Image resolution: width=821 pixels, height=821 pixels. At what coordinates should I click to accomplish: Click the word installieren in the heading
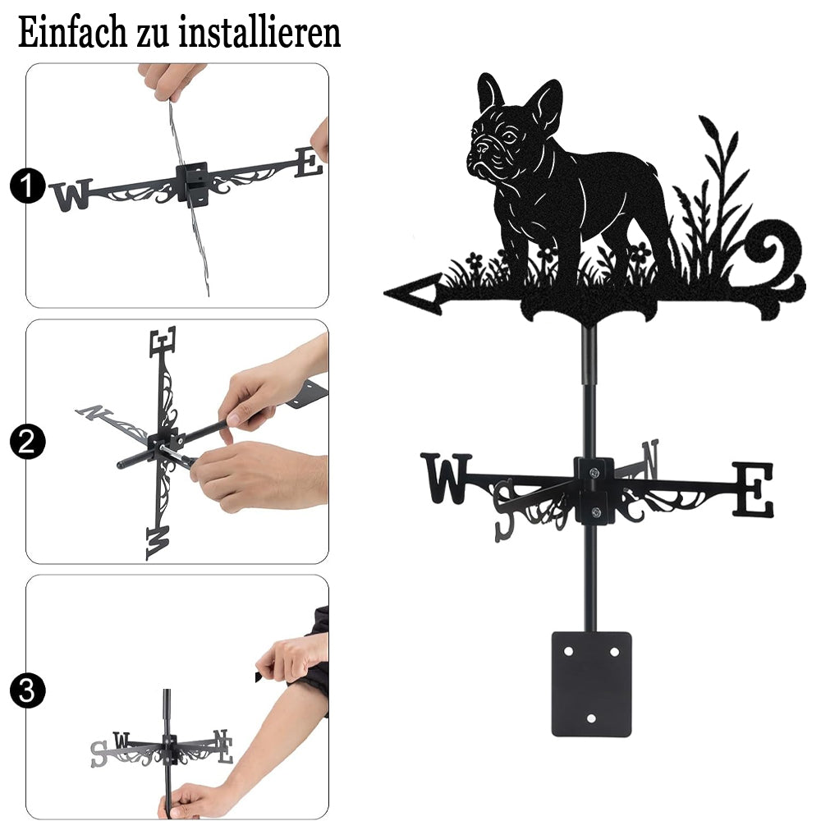click(259, 33)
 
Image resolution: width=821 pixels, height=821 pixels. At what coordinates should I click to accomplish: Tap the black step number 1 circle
click(27, 186)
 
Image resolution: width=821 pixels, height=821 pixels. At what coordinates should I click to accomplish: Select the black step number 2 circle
click(27, 442)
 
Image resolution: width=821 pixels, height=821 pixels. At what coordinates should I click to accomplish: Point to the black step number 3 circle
click(27, 690)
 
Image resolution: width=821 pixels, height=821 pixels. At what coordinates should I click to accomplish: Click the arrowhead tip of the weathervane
click(385, 293)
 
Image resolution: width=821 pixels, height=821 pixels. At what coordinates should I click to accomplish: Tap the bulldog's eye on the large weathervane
click(509, 138)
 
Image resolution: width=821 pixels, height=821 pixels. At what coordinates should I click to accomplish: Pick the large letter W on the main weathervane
click(447, 478)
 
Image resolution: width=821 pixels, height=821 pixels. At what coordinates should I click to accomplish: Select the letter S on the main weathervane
click(505, 510)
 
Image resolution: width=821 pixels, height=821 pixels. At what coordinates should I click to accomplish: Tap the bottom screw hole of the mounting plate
click(591, 718)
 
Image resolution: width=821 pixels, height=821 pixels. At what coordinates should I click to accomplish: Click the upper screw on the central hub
click(594, 474)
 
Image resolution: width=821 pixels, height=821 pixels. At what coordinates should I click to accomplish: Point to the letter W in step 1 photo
click(72, 195)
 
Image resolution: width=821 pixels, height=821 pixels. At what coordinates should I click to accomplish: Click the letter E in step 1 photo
click(309, 163)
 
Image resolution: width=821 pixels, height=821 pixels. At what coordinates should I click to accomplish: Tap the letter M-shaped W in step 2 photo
click(158, 543)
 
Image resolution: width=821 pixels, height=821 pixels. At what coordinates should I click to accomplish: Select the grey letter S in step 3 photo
click(98, 754)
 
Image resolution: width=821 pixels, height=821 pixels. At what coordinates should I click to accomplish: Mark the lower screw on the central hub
click(594, 511)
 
